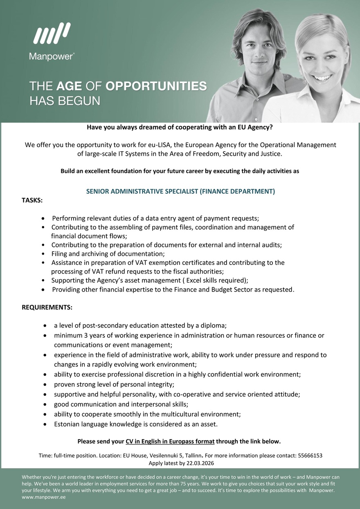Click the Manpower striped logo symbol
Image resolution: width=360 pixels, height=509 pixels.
pyautogui.click(x=52, y=33)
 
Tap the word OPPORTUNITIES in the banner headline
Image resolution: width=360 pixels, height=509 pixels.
pyautogui.click(x=156, y=86)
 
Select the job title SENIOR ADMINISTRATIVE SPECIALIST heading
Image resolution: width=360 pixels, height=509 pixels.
pyautogui.click(x=180, y=191)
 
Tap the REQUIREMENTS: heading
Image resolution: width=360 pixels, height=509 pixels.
pyautogui.click(x=47, y=307)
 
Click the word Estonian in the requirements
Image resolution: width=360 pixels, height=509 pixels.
pyautogui.click(x=68, y=424)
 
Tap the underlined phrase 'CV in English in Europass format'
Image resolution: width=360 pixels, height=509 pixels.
pyautogui.click(x=170, y=442)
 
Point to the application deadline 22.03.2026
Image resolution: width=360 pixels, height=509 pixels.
pyautogui.click(x=200, y=463)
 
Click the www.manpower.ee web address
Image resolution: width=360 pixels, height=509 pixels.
pyautogui.click(x=43, y=498)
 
